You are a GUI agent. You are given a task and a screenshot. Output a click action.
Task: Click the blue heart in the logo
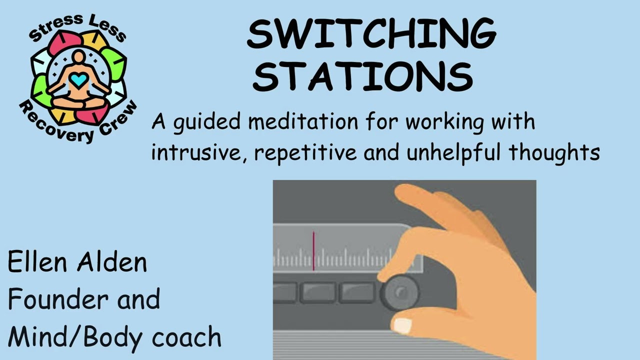[78, 79]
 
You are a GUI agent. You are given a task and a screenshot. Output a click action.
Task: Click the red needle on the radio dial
[313, 251]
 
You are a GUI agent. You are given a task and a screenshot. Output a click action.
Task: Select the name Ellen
[37, 262]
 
